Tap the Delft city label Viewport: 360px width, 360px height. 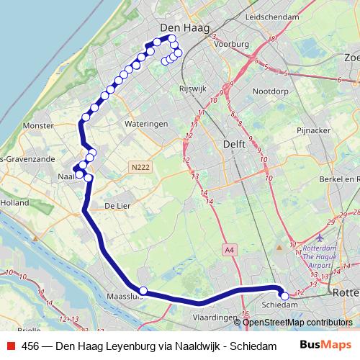(x=235, y=144)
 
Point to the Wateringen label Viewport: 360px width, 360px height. (x=146, y=124)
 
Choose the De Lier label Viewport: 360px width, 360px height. (x=117, y=205)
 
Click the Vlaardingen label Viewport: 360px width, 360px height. (x=216, y=317)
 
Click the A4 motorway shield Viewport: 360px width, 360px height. (x=229, y=249)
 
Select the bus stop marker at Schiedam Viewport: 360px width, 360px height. (x=284, y=295)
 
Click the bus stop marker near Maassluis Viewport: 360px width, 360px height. (x=143, y=291)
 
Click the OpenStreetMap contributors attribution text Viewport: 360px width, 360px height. (x=297, y=322)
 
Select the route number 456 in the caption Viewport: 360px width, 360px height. (x=30, y=345)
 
